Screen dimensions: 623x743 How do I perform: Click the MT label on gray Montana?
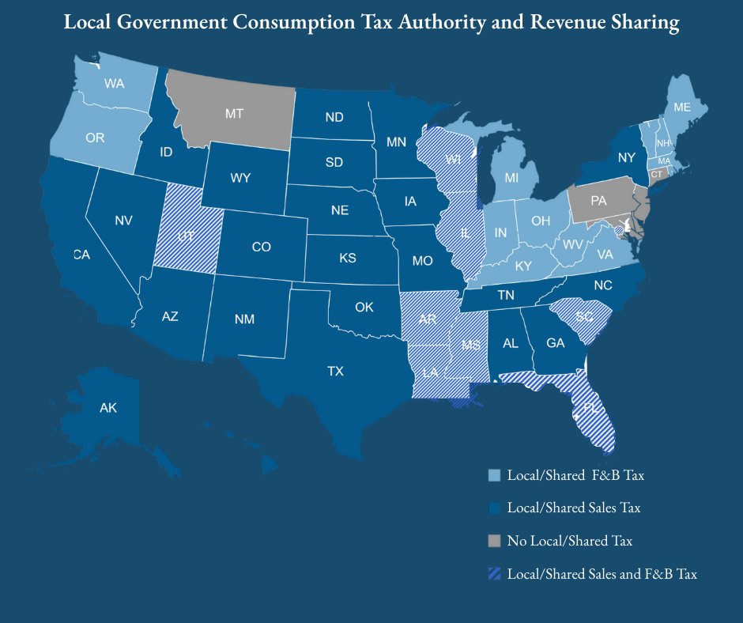[x=234, y=114]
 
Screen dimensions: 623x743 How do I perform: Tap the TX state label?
[x=336, y=371]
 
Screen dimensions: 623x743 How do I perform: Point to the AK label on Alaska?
[x=108, y=409]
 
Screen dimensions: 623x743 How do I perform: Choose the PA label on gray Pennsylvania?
[x=598, y=201]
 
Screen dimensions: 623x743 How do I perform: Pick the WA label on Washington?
[x=115, y=83]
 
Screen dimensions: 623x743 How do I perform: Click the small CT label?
[x=656, y=173]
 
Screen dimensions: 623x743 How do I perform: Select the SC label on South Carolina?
[x=584, y=316]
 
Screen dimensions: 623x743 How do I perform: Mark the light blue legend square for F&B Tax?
[x=494, y=475]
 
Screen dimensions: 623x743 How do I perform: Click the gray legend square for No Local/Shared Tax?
[x=494, y=541]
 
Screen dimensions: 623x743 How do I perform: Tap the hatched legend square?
[x=494, y=574]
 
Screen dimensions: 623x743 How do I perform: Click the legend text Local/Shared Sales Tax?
[x=573, y=508]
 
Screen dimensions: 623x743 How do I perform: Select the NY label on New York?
[x=627, y=158]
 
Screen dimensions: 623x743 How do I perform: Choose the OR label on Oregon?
[x=95, y=138]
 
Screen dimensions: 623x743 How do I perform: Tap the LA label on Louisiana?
[x=431, y=372]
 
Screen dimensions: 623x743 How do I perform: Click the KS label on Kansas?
[x=347, y=258]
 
